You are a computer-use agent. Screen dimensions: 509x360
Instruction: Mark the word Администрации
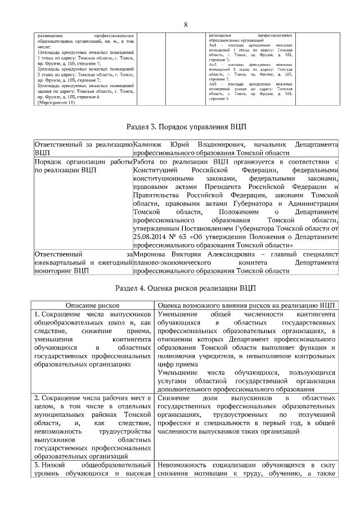coord(312,204)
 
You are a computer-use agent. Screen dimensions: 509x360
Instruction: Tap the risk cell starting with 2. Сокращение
coord(93,427)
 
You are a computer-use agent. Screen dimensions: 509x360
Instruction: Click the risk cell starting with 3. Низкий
coord(93,471)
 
